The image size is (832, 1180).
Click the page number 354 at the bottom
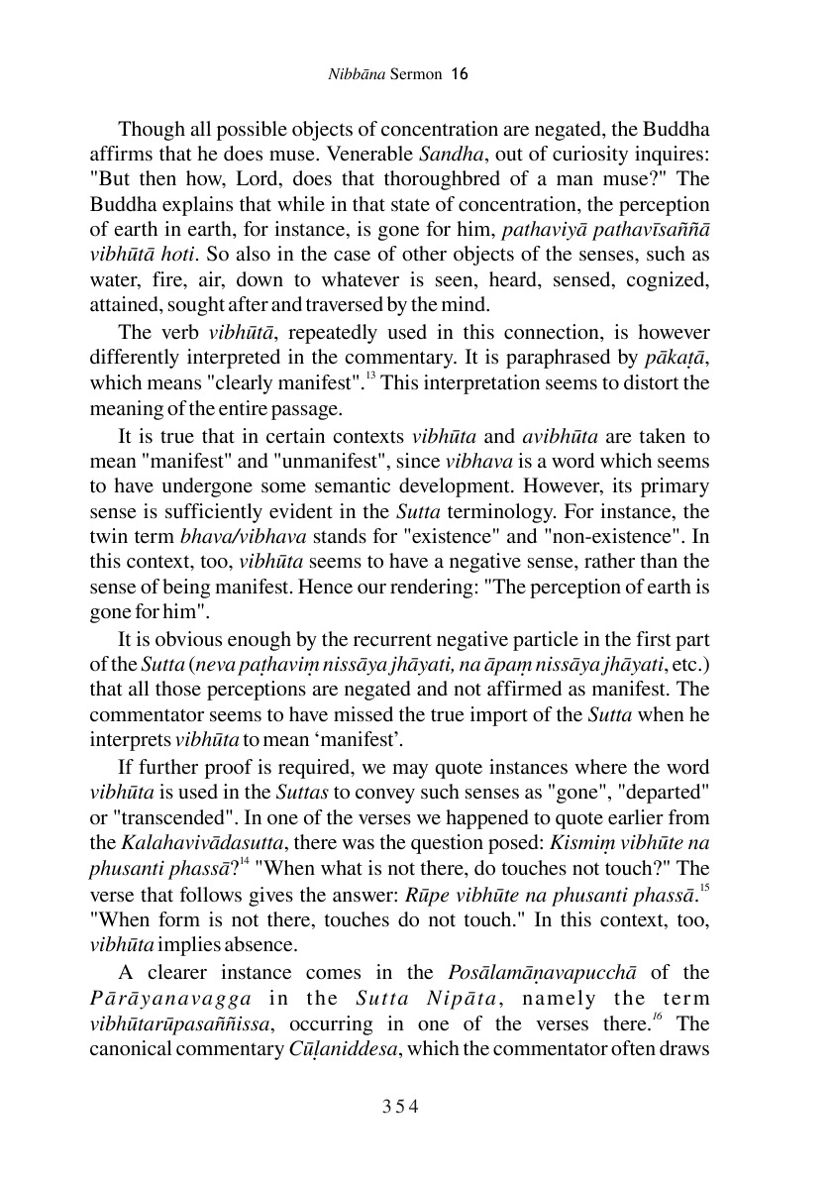[x=402, y=1106]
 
